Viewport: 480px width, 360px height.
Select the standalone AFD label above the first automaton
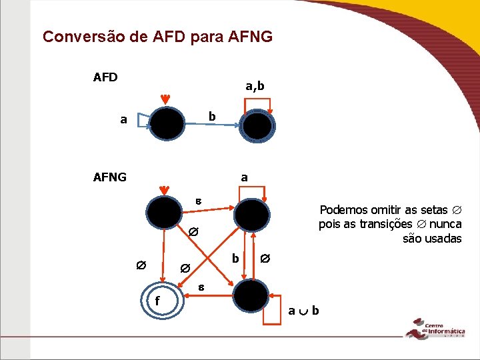[105, 77]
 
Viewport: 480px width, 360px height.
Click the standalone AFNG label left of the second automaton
[109, 177]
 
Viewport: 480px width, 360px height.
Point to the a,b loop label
[255, 86]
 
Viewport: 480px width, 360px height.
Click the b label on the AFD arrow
[211, 117]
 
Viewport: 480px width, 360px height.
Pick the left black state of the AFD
[167, 123]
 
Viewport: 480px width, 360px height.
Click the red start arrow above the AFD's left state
[166, 100]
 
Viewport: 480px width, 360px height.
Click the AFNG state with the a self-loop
[252, 214]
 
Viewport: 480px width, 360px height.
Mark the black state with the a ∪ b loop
[251, 295]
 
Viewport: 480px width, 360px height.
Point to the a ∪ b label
[303, 311]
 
